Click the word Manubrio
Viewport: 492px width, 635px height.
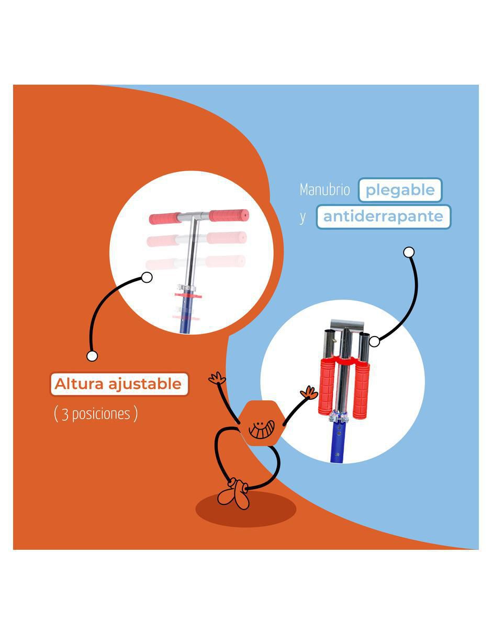(325, 190)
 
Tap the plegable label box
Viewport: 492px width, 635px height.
(400, 190)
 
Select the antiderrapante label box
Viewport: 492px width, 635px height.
(384, 216)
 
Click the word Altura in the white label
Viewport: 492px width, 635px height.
(79, 384)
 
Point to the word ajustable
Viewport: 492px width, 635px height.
(145, 384)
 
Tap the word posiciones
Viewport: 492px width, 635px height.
(101, 414)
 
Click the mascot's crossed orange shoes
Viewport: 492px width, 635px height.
(234, 493)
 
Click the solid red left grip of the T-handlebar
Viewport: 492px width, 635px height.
(165, 218)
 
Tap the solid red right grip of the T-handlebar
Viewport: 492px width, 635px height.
(229, 215)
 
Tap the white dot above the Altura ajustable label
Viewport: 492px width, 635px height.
(92, 356)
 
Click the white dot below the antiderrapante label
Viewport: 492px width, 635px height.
(409, 252)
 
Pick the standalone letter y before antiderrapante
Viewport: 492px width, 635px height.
(303, 218)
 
